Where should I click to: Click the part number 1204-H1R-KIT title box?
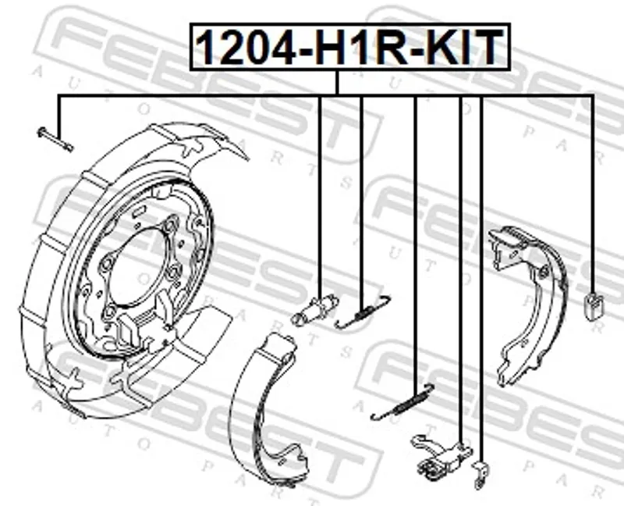click(x=349, y=47)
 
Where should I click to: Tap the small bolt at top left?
click(x=55, y=139)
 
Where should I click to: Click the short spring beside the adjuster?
click(x=363, y=312)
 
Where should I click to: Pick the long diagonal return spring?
click(x=402, y=402)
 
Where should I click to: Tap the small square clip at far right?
click(x=594, y=306)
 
